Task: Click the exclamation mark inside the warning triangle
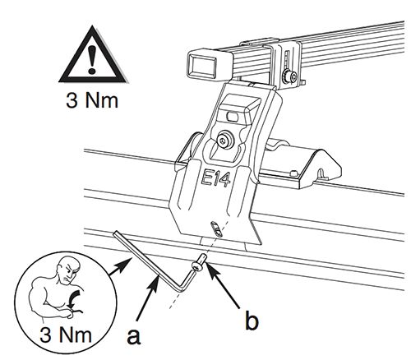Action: point(92,60)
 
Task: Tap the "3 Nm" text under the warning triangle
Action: point(92,100)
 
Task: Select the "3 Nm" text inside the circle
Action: point(66,335)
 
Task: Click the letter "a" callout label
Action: point(133,336)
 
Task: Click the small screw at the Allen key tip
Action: point(200,262)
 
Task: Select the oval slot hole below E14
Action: point(216,228)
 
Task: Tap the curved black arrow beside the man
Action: point(72,301)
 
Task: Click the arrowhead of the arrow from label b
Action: point(210,266)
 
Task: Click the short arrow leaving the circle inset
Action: point(120,267)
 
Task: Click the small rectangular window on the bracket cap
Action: point(232,117)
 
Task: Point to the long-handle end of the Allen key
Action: point(114,233)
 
